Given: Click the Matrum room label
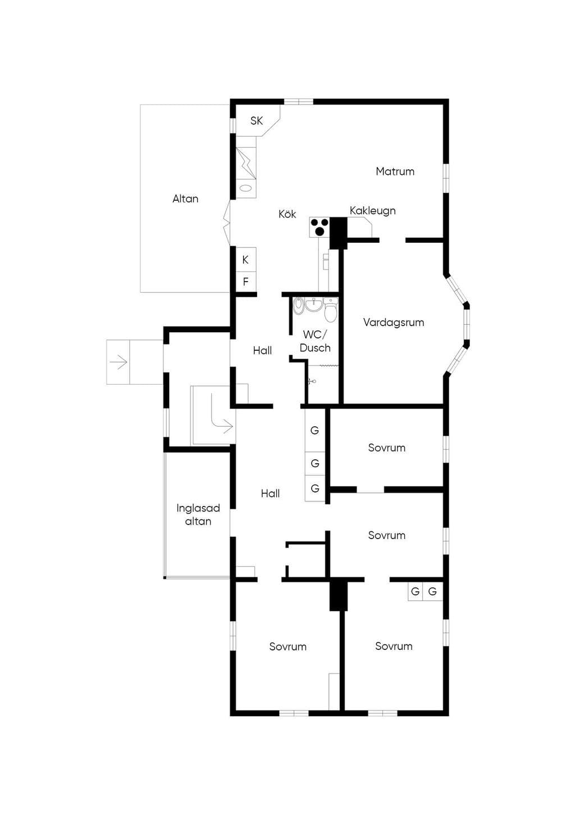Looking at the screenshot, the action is coord(395,171).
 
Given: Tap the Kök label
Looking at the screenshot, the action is coord(287,214).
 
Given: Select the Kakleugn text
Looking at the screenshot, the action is coord(372,211).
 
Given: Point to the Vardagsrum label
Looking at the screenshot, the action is coord(394,322).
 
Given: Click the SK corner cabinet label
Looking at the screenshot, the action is coord(257,121).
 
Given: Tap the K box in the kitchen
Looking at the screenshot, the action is coord(246,260).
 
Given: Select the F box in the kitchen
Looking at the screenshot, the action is coord(246,282).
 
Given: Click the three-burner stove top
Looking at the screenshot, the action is coord(319,227).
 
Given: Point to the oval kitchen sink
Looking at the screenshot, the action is coord(246,188).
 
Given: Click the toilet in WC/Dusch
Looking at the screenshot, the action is coord(330,310).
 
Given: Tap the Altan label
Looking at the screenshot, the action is coord(185,199).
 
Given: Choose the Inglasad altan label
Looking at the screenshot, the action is coord(198,514).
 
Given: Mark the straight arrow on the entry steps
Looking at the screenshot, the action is coord(118,362).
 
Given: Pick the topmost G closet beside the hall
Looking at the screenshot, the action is coord(314,430).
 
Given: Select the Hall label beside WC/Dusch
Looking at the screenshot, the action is coord(262,350).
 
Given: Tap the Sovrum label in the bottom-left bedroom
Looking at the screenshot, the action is coord(288,646).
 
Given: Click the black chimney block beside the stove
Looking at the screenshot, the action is coord(339,233).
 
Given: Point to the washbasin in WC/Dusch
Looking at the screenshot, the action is coord(313,305).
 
